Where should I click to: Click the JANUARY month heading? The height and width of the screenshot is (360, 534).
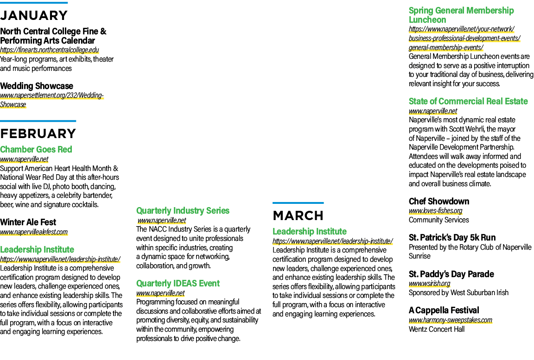click(34, 16)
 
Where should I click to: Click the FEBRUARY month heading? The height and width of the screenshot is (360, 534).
click(38, 134)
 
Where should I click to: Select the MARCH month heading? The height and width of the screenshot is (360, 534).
click(298, 216)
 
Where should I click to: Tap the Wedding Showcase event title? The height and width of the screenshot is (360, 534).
click(37, 86)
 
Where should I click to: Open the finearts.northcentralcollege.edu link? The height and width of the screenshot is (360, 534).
click(50, 50)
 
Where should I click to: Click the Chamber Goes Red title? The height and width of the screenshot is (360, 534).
click(36, 149)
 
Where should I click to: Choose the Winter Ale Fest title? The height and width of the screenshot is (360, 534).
click(28, 222)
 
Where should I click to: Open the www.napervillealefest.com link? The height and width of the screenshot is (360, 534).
click(34, 232)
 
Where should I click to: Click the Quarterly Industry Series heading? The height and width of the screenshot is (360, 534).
click(183, 211)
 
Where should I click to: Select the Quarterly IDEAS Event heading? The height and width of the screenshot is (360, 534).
click(178, 284)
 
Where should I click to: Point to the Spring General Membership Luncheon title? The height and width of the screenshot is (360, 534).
click(461, 15)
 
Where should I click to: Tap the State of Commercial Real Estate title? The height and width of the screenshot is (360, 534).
click(468, 101)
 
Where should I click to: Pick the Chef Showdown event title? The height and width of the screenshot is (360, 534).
click(439, 202)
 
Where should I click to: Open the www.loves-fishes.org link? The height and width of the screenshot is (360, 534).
click(436, 211)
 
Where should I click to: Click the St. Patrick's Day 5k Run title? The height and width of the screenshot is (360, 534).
click(452, 238)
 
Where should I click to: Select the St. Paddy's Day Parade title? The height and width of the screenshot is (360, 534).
click(451, 274)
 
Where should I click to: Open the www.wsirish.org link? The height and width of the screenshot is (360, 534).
click(430, 284)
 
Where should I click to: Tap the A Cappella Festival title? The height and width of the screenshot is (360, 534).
click(444, 310)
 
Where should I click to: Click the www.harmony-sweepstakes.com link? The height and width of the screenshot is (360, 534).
click(451, 320)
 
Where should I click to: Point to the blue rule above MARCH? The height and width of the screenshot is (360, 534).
click(298, 203)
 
